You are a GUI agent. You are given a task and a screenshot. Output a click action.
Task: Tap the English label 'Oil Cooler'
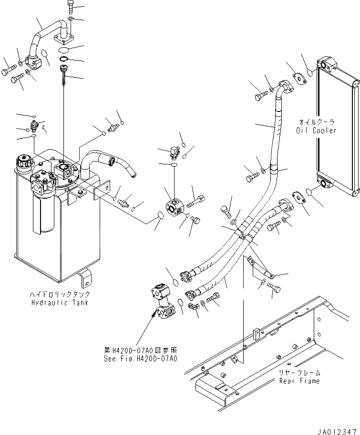tap(315, 130)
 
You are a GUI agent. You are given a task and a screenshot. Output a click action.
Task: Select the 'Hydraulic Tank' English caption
tap(59, 302)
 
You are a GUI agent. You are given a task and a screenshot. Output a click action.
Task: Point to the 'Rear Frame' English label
tap(299, 380)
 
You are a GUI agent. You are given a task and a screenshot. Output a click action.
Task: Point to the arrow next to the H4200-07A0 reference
tap(154, 314)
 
